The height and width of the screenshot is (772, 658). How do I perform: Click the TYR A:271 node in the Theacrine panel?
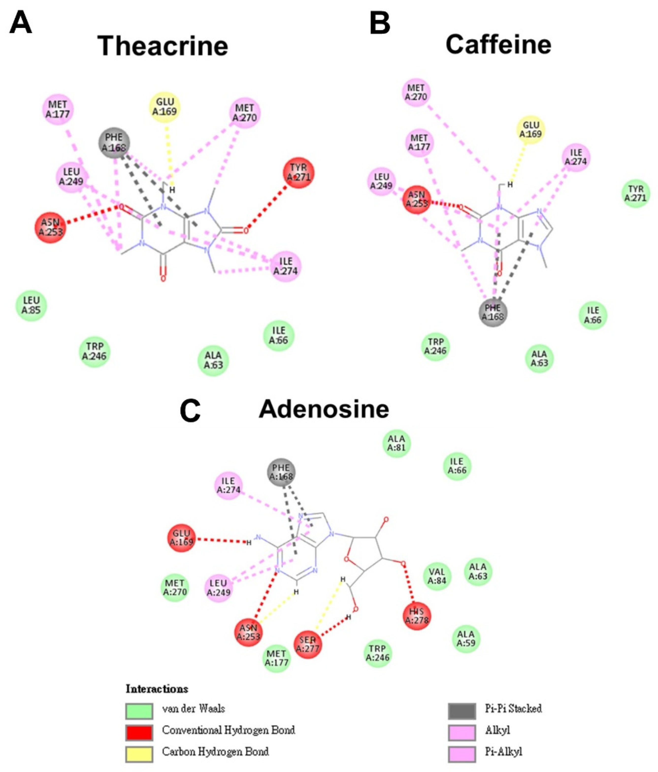(298, 173)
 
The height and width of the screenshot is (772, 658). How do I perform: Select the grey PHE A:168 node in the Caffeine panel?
(493, 312)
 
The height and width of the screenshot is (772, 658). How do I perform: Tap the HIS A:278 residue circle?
(417, 616)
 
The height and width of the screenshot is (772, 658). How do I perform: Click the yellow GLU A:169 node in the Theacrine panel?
(165, 108)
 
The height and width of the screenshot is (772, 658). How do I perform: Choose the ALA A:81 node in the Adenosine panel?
(396, 443)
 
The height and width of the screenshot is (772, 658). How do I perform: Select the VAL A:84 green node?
(437, 576)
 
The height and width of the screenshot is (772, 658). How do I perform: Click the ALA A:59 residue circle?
(466, 639)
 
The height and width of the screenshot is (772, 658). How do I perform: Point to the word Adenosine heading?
(324, 409)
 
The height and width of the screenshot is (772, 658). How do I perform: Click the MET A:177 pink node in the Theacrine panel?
(58, 109)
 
